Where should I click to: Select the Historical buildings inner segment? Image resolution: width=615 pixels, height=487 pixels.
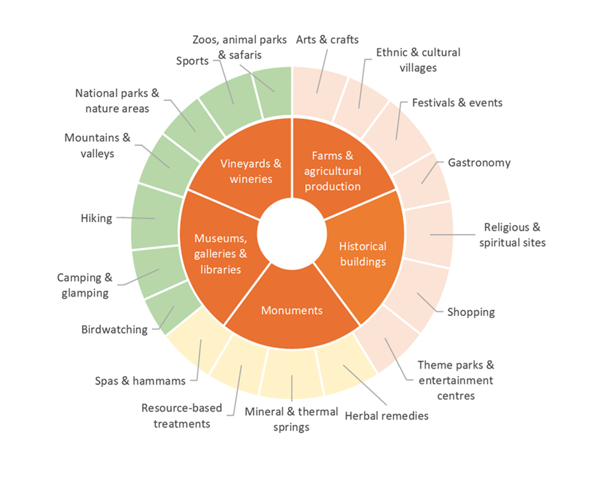363,254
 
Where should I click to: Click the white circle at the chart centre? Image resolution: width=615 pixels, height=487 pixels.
292,234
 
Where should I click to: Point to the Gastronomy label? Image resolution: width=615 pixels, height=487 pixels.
480,163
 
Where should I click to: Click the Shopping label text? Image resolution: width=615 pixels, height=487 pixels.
471,312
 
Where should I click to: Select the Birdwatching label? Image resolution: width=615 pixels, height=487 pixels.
114,330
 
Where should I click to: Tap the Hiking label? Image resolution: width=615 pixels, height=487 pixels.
96,218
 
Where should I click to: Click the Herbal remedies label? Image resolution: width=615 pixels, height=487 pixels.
386,416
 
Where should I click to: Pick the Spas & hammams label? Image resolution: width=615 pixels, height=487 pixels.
140,381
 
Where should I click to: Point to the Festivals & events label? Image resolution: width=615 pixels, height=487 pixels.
457,103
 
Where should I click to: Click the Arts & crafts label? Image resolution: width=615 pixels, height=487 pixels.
328,40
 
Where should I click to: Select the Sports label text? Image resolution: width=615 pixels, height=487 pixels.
192,61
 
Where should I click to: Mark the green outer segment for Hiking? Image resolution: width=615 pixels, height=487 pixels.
156,217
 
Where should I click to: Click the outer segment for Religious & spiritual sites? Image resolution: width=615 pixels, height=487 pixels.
428,235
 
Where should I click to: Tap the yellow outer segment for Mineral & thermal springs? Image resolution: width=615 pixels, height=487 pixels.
291,373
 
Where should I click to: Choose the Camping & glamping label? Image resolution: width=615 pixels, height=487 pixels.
85,285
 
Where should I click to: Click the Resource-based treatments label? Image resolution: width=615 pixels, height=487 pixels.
182,416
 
